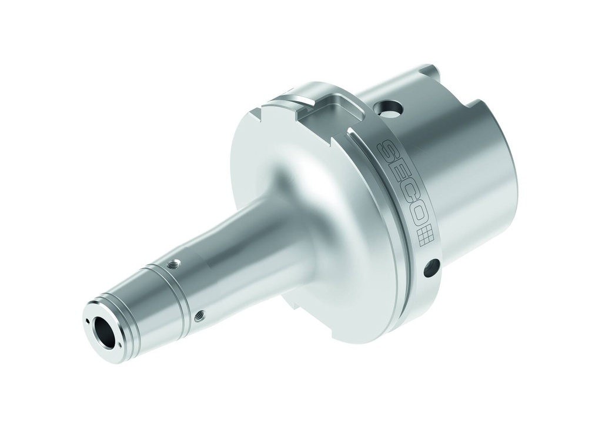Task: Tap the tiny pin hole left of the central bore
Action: (x=88, y=321)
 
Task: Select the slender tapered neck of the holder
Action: (x=235, y=247)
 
